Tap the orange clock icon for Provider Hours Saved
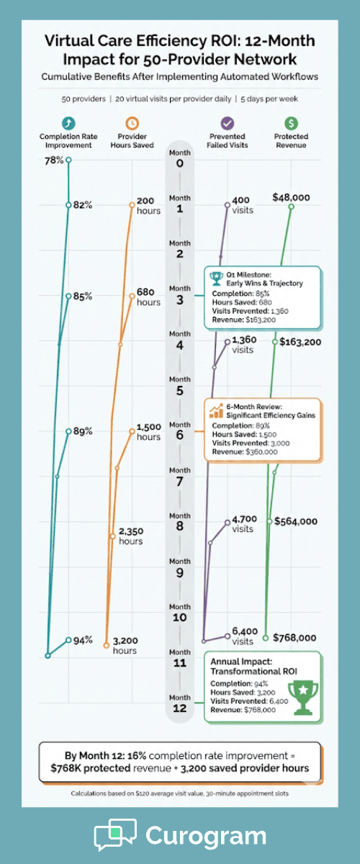[x=132, y=123]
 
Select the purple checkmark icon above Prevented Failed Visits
[x=228, y=123]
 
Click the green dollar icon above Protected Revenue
[x=291, y=123]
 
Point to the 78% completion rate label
[x=53, y=160]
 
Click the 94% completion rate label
[x=83, y=639]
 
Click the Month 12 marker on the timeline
[x=179, y=703]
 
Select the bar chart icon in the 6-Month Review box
[x=215, y=410]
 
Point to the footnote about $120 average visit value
[x=179, y=793]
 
